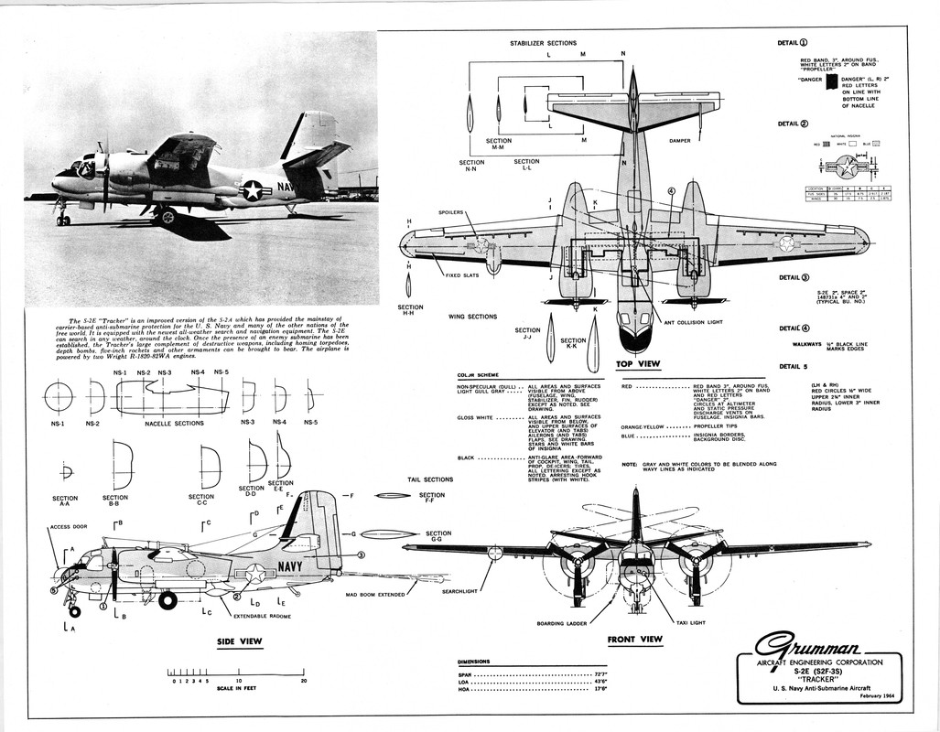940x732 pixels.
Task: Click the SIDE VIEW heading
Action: [239, 641]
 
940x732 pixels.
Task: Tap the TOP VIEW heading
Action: [639, 364]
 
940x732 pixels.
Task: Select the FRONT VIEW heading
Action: [635, 640]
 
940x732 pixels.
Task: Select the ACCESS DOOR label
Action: [69, 527]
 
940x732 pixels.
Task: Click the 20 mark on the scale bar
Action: [304, 681]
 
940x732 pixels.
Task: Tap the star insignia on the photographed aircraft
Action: [251, 190]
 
